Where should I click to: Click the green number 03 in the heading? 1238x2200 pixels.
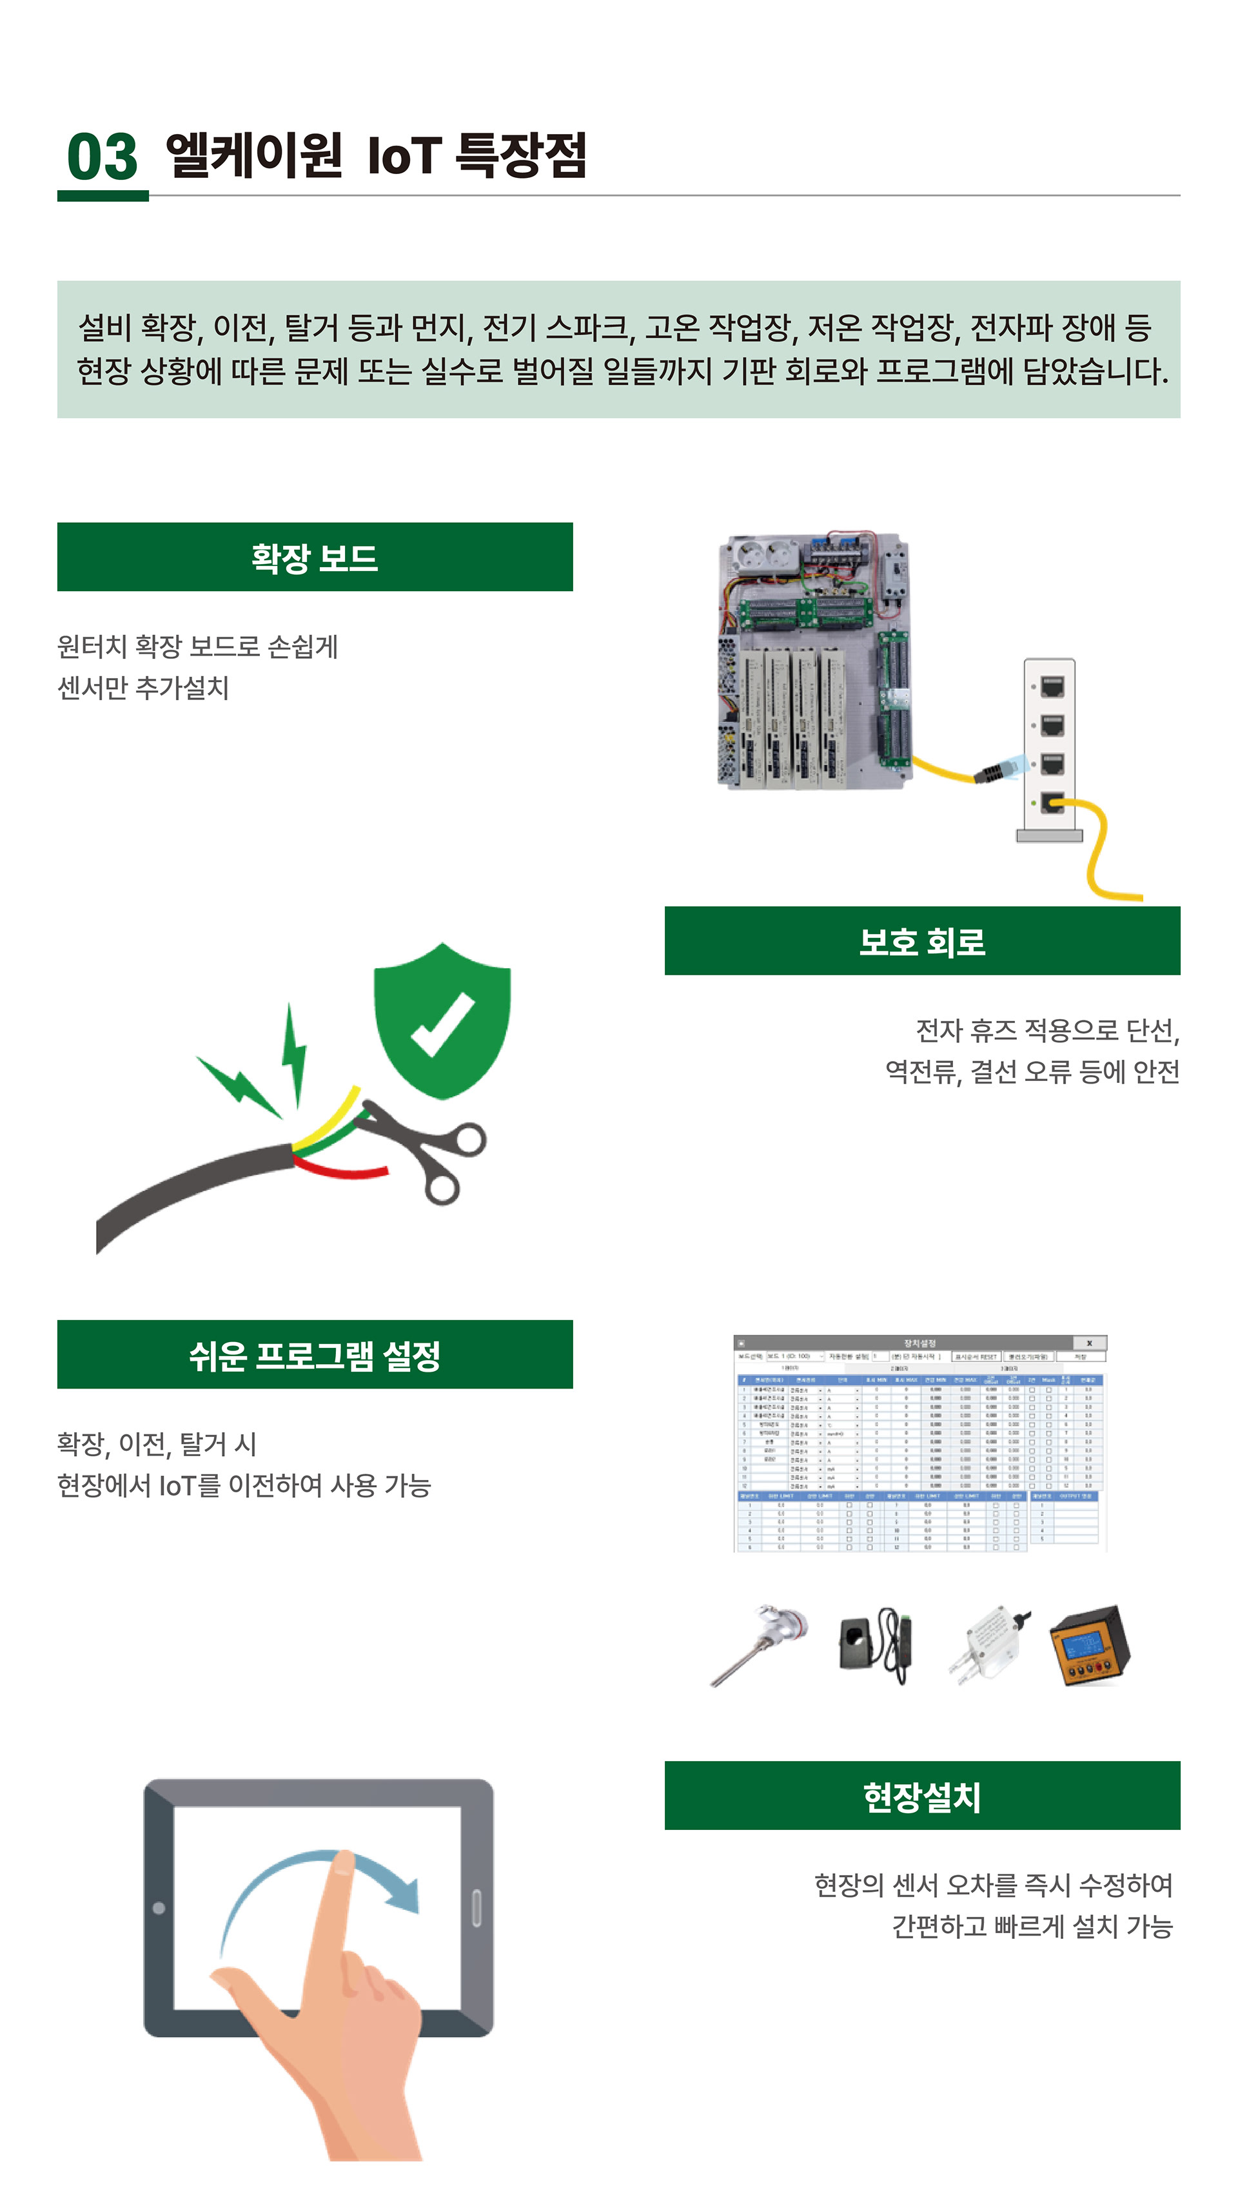click(x=102, y=157)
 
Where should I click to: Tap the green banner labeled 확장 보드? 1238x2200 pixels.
click(x=315, y=557)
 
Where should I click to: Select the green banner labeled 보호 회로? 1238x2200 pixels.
click(x=922, y=940)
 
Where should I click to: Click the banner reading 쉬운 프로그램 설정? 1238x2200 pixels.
click(x=315, y=1354)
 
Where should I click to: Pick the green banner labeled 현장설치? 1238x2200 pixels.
click(x=922, y=1795)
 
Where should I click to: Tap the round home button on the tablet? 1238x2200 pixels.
click(x=159, y=1908)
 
